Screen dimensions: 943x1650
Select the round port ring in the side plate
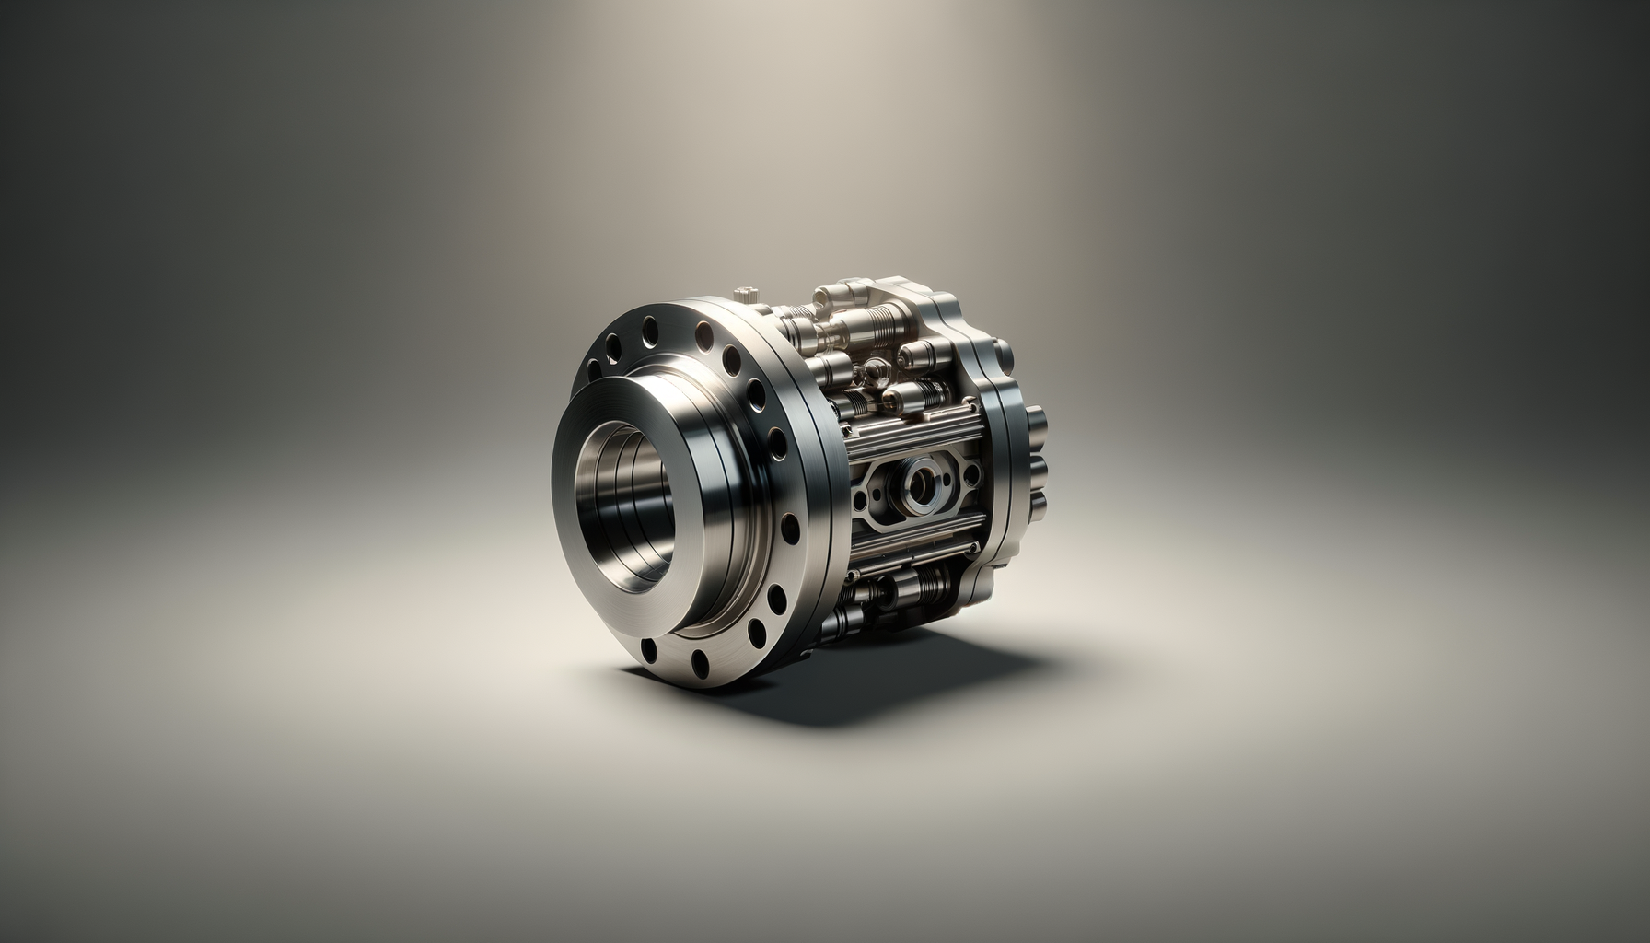point(923,484)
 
